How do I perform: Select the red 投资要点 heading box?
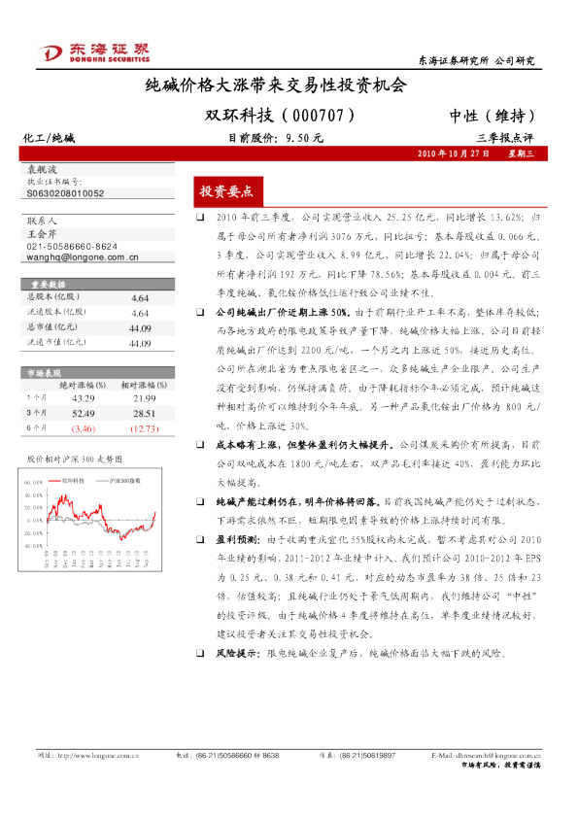tap(225, 191)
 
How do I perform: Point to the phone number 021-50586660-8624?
tap(73, 247)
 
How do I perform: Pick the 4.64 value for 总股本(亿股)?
tap(139, 298)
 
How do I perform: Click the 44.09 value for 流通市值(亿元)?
tap(139, 343)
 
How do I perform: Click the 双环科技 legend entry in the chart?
tap(74, 480)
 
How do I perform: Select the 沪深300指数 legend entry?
tap(127, 480)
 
